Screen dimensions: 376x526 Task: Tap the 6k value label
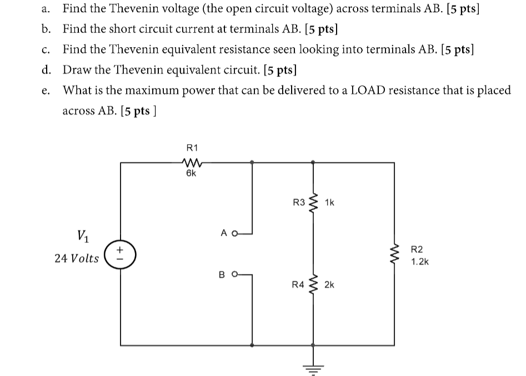click(191, 173)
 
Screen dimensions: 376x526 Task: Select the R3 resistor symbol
click(314, 203)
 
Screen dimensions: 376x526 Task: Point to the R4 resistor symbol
click(314, 285)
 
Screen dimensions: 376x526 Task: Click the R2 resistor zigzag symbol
click(396, 256)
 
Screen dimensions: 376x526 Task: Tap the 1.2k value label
click(420, 262)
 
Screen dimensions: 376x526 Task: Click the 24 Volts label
click(77, 258)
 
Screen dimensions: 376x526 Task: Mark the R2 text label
click(418, 250)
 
